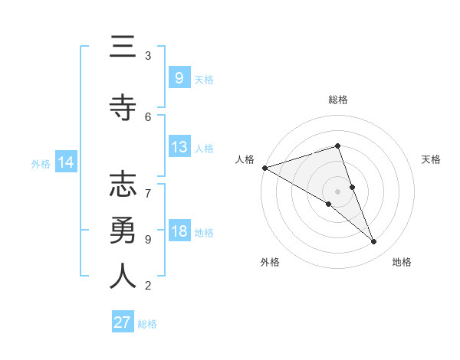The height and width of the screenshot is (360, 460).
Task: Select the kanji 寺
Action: (x=123, y=109)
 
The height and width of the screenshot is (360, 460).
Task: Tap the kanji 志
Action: (x=123, y=185)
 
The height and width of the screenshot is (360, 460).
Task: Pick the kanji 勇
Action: (x=123, y=231)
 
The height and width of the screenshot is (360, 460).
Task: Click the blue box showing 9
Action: (x=179, y=77)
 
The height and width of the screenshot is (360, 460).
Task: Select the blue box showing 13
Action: (x=179, y=147)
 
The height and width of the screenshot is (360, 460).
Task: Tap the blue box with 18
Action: (x=179, y=231)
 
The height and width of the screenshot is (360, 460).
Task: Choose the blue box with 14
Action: (x=65, y=162)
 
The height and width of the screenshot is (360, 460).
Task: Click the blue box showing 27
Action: (x=123, y=322)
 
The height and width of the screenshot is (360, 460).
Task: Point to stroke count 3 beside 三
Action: (x=148, y=56)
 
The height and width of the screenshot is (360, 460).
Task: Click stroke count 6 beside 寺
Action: (x=148, y=117)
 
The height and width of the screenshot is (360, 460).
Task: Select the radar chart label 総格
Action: (x=337, y=100)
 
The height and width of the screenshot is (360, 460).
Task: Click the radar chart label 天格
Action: (x=431, y=159)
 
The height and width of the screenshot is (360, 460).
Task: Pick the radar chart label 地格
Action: (x=402, y=262)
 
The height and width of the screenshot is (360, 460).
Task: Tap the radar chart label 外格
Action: (x=270, y=262)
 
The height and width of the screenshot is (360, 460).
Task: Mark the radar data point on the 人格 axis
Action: (x=264, y=167)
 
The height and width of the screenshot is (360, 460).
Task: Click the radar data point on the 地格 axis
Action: (x=374, y=242)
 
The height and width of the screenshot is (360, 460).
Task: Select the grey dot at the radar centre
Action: (x=337, y=191)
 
